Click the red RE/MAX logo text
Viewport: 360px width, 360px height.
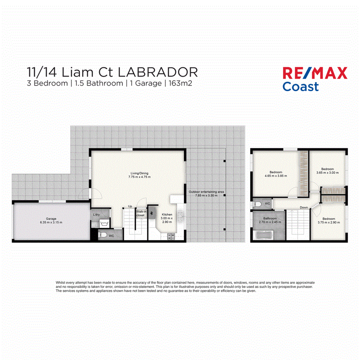click(315, 73)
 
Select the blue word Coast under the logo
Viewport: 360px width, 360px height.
click(300, 86)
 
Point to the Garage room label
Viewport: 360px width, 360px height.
click(51, 219)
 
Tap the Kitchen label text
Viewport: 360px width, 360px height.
click(167, 215)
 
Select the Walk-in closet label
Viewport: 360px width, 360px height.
click(140, 213)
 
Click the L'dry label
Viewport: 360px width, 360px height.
click(96, 215)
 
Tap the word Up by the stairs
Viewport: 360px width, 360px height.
click(130, 206)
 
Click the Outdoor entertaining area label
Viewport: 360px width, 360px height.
click(203, 192)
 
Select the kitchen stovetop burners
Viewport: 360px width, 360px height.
click(170, 236)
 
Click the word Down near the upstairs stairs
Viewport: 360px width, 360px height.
click(304, 207)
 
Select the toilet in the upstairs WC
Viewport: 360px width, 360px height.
click(258, 204)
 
